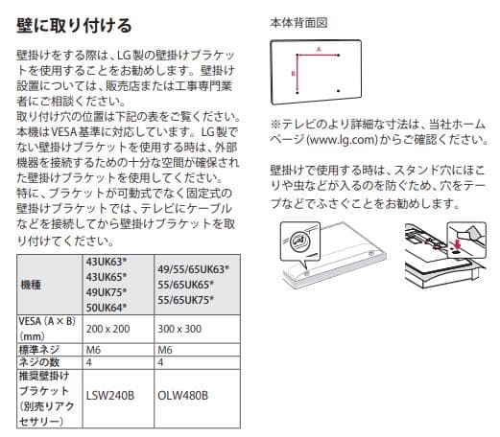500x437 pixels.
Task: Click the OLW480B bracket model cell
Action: pos(181,394)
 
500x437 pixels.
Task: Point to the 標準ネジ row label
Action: pos(38,350)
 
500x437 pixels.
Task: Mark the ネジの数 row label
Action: pos(39,362)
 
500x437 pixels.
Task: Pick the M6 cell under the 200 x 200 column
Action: pos(93,350)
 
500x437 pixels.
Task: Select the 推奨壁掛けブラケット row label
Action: pos(44,393)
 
